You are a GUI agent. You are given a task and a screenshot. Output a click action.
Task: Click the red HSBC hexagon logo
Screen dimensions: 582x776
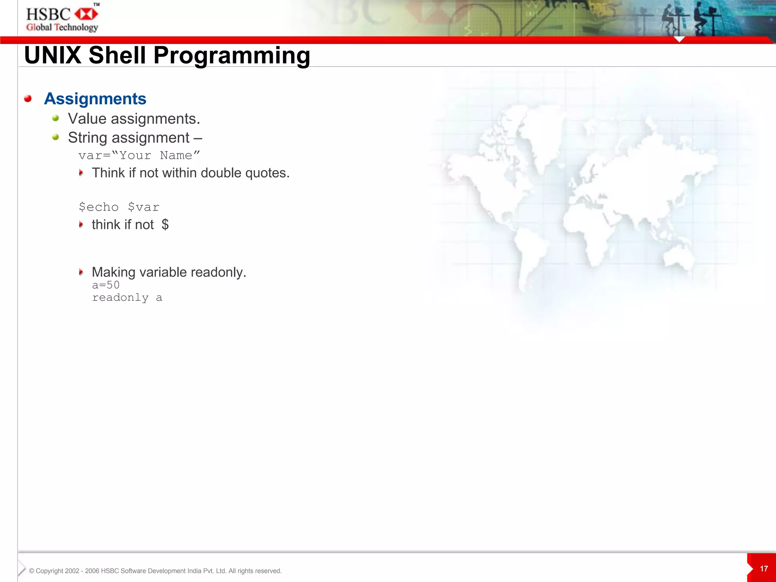point(86,14)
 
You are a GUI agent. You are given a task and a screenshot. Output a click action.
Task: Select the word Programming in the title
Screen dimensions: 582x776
point(232,55)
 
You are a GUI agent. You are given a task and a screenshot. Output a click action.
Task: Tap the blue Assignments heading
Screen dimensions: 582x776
point(95,99)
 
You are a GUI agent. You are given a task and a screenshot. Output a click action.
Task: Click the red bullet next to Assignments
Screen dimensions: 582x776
point(28,99)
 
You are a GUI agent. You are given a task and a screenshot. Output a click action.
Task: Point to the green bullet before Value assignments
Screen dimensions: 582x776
point(56,118)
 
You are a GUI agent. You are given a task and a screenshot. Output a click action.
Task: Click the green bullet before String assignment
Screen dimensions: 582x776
point(56,137)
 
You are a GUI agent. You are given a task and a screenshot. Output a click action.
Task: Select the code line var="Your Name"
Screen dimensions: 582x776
point(139,155)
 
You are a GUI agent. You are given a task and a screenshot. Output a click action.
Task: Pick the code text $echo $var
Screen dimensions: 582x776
point(119,207)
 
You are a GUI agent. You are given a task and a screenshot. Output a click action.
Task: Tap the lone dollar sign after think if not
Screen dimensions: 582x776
point(165,225)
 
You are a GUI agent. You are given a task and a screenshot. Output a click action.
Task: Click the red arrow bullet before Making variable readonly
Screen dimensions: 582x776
point(81,272)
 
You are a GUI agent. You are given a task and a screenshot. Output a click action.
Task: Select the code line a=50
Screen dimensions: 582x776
point(106,285)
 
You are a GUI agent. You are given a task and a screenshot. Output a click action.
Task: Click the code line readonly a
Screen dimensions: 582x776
point(127,298)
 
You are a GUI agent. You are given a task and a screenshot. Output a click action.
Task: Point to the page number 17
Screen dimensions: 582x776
point(764,569)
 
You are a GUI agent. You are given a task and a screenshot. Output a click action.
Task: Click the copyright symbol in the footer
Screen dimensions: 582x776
point(31,571)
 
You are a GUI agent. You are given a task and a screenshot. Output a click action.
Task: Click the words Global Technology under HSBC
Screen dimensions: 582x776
point(62,27)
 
